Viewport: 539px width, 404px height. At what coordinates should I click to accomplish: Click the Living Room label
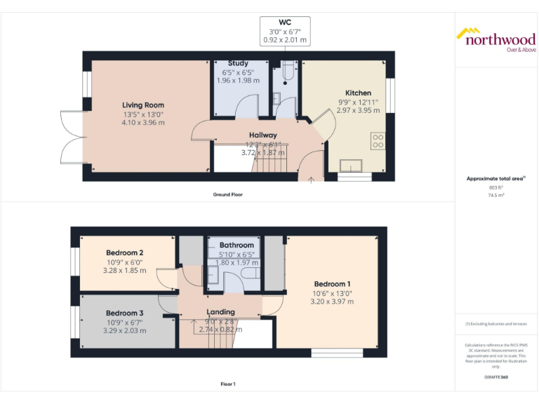(x=143, y=105)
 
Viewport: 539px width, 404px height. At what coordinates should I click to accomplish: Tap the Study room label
(x=238, y=63)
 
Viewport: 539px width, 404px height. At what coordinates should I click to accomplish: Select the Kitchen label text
(x=358, y=93)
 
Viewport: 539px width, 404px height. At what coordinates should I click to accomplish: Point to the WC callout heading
(x=285, y=22)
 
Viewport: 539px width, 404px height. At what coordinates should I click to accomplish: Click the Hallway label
(x=262, y=135)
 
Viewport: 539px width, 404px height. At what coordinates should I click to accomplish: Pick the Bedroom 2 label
(x=125, y=253)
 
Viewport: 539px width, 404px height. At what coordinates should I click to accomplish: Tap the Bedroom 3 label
(x=125, y=313)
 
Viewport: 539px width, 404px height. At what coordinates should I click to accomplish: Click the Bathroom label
(x=236, y=245)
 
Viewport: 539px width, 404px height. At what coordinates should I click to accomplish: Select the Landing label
(x=220, y=312)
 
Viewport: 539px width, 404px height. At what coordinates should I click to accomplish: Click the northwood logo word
(x=500, y=39)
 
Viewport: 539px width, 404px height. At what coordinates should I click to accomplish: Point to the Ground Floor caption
(x=227, y=194)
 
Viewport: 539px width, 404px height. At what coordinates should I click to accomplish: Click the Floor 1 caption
(x=227, y=384)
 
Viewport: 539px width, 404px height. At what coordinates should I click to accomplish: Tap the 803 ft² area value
(x=496, y=187)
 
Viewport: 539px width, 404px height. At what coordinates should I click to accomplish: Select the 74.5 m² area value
(x=496, y=195)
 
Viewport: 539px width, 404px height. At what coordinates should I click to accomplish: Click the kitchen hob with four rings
(x=378, y=141)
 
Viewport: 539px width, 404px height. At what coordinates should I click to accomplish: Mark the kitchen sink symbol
(x=350, y=166)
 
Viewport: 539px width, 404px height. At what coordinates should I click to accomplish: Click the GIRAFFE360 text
(x=496, y=378)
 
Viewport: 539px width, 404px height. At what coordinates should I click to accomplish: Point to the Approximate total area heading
(x=495, y=179)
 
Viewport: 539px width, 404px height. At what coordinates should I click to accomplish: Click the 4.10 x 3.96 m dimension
(x=143, y=123)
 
